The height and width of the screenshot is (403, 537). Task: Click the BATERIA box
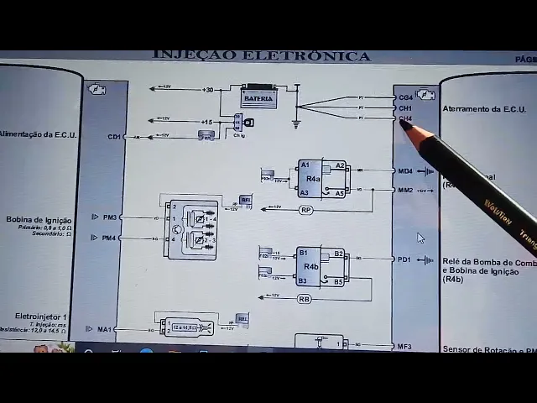(259, 98)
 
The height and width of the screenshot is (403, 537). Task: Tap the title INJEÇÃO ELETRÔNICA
(261, 56)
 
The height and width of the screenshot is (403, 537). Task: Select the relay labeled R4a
(312, 179)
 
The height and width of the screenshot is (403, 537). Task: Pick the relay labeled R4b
(310, 266)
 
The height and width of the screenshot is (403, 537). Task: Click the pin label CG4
(405, 97)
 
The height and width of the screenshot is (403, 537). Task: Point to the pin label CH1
(405, 108)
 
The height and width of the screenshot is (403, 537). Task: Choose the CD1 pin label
(114, 136)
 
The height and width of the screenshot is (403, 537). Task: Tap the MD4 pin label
(405, 171)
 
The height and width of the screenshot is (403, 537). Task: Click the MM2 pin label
(405, 191)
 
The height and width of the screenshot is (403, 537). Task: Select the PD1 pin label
(404, 259)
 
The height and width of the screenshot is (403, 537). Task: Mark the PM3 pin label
(109, 217)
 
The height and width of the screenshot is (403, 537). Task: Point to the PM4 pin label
(109, 238)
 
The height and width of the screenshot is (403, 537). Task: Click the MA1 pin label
(104, 329)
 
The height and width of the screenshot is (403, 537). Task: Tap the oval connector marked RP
(305, 210)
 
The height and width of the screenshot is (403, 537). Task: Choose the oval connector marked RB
(304, 299)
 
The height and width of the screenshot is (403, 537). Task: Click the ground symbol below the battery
(295, 123)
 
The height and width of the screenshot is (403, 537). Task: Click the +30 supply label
(208, 89)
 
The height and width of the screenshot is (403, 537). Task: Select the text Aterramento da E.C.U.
(483, 109)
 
